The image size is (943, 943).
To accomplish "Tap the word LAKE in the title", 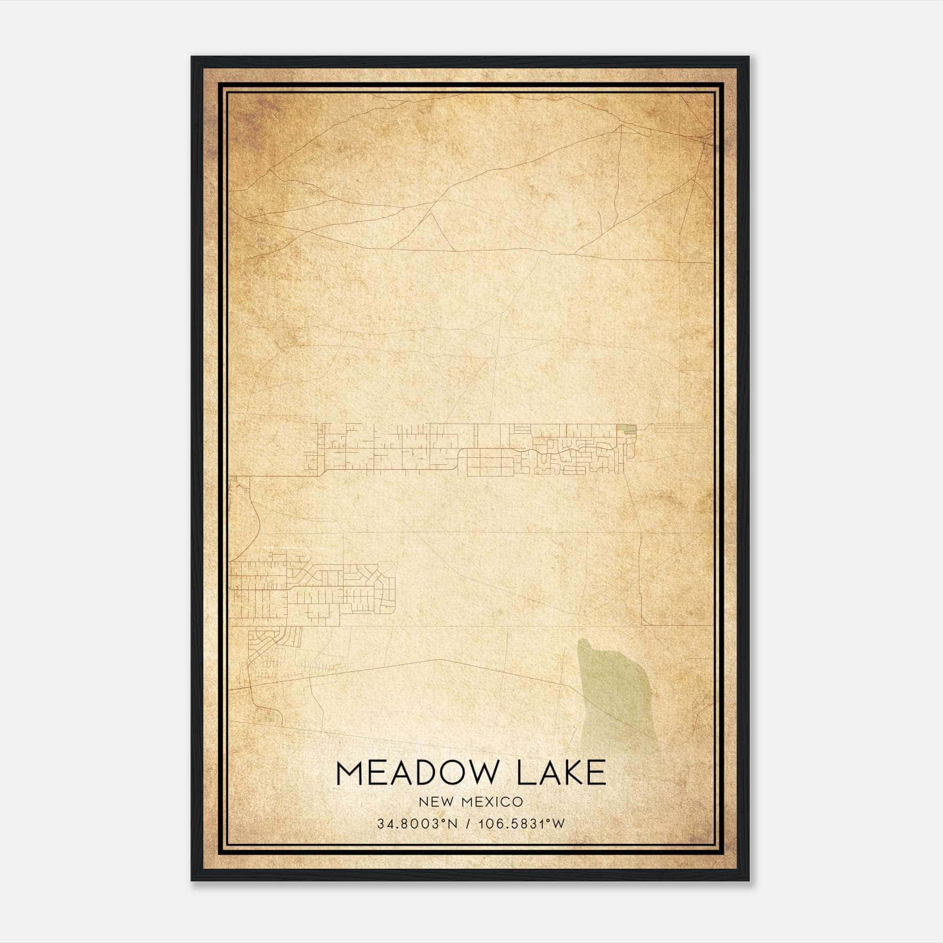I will tap(561, 773).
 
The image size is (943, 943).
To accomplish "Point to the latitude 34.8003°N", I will tap(417, 824).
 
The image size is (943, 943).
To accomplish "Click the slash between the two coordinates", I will tap(468, 824).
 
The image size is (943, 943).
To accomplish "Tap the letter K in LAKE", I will tap(569, 773).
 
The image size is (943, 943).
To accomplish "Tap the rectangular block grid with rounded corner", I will tap(489, 463).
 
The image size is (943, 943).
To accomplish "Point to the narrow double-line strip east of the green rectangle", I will tap(681, 428).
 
